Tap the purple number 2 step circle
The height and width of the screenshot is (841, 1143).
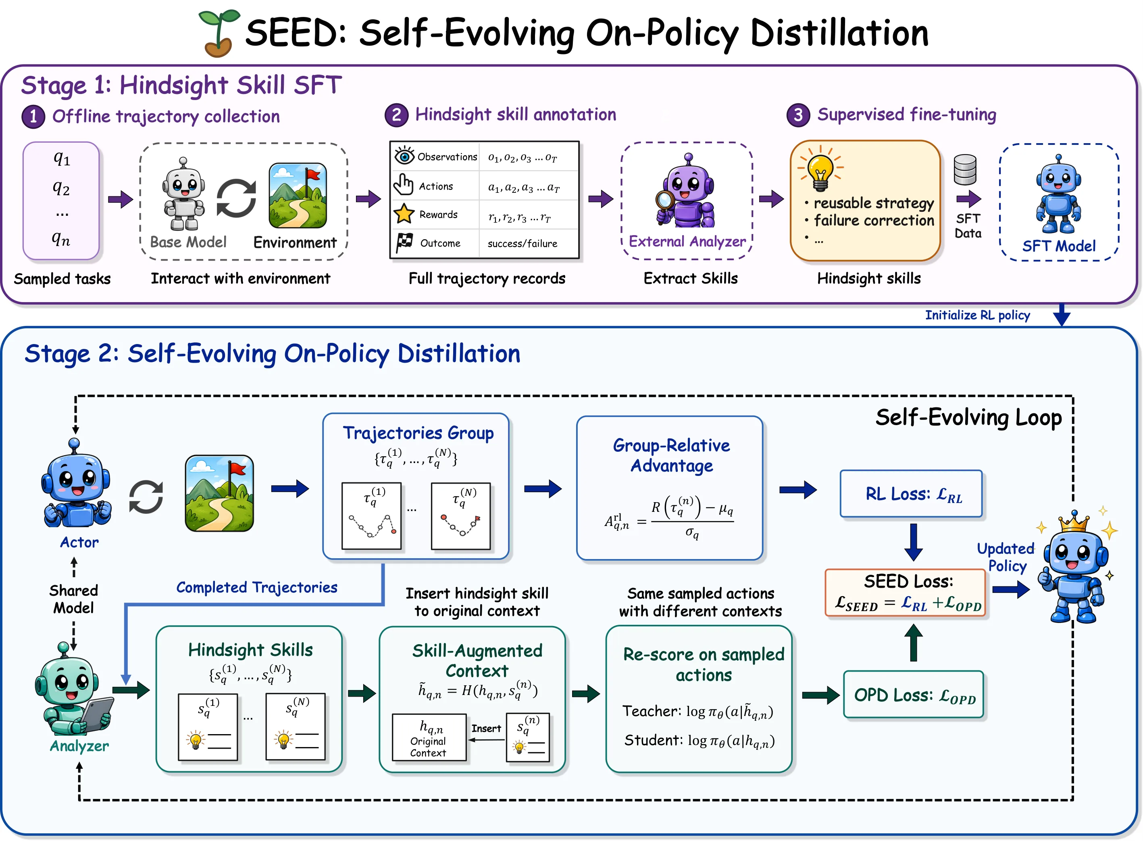396,115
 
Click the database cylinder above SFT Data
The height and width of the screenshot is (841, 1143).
965,169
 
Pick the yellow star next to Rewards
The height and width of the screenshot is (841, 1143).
404,214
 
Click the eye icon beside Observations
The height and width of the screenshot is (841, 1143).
404,156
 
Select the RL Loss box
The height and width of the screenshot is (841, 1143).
911,494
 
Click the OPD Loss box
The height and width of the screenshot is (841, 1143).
914,695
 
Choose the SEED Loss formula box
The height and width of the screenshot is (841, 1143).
906,593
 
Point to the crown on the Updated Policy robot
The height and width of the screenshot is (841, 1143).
1073,522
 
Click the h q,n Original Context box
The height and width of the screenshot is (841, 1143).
429,737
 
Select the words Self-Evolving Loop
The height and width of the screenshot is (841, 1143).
968,418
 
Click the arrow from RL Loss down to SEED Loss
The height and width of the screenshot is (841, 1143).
914,542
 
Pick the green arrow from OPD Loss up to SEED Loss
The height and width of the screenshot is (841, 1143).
914,643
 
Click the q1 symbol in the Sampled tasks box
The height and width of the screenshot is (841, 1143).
62,159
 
